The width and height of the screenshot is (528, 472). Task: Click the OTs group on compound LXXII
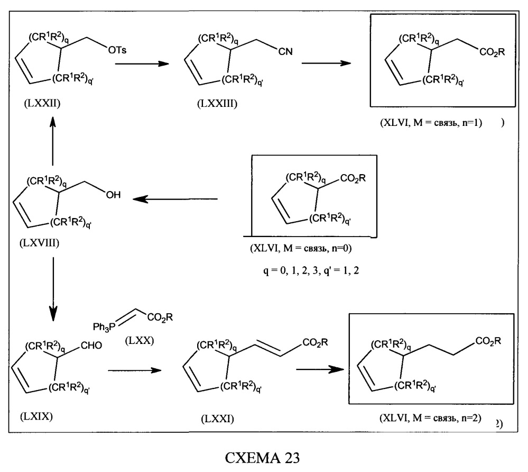click(117, 50)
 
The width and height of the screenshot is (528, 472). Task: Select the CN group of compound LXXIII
click(285, 51)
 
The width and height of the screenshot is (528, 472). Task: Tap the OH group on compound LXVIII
click(113, 195)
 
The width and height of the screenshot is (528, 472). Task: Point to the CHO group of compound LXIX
click(91, 346)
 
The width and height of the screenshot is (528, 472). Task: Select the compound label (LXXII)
click(42, 103)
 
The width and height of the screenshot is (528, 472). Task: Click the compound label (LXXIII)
click(217, 104)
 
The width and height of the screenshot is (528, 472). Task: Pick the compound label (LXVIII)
click(40, 243)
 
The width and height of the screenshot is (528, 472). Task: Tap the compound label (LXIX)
click(36, 416)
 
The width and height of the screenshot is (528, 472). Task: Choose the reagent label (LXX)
click(140, 341)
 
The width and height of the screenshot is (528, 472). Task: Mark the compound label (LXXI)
click(218, 419)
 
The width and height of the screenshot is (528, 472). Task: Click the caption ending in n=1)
click(431, 122)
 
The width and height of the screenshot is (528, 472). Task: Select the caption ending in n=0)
click(301, 249)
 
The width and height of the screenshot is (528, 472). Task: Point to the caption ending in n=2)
click(430, 418)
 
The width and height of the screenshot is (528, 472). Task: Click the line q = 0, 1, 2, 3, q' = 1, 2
click(311, 270)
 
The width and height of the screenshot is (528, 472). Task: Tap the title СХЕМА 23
click(262, 458)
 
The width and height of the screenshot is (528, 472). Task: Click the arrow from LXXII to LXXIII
click(142, 63)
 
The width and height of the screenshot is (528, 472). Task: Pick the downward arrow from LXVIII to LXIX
click(53, 289)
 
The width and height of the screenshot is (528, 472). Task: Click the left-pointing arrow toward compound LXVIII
click(175, 199)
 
